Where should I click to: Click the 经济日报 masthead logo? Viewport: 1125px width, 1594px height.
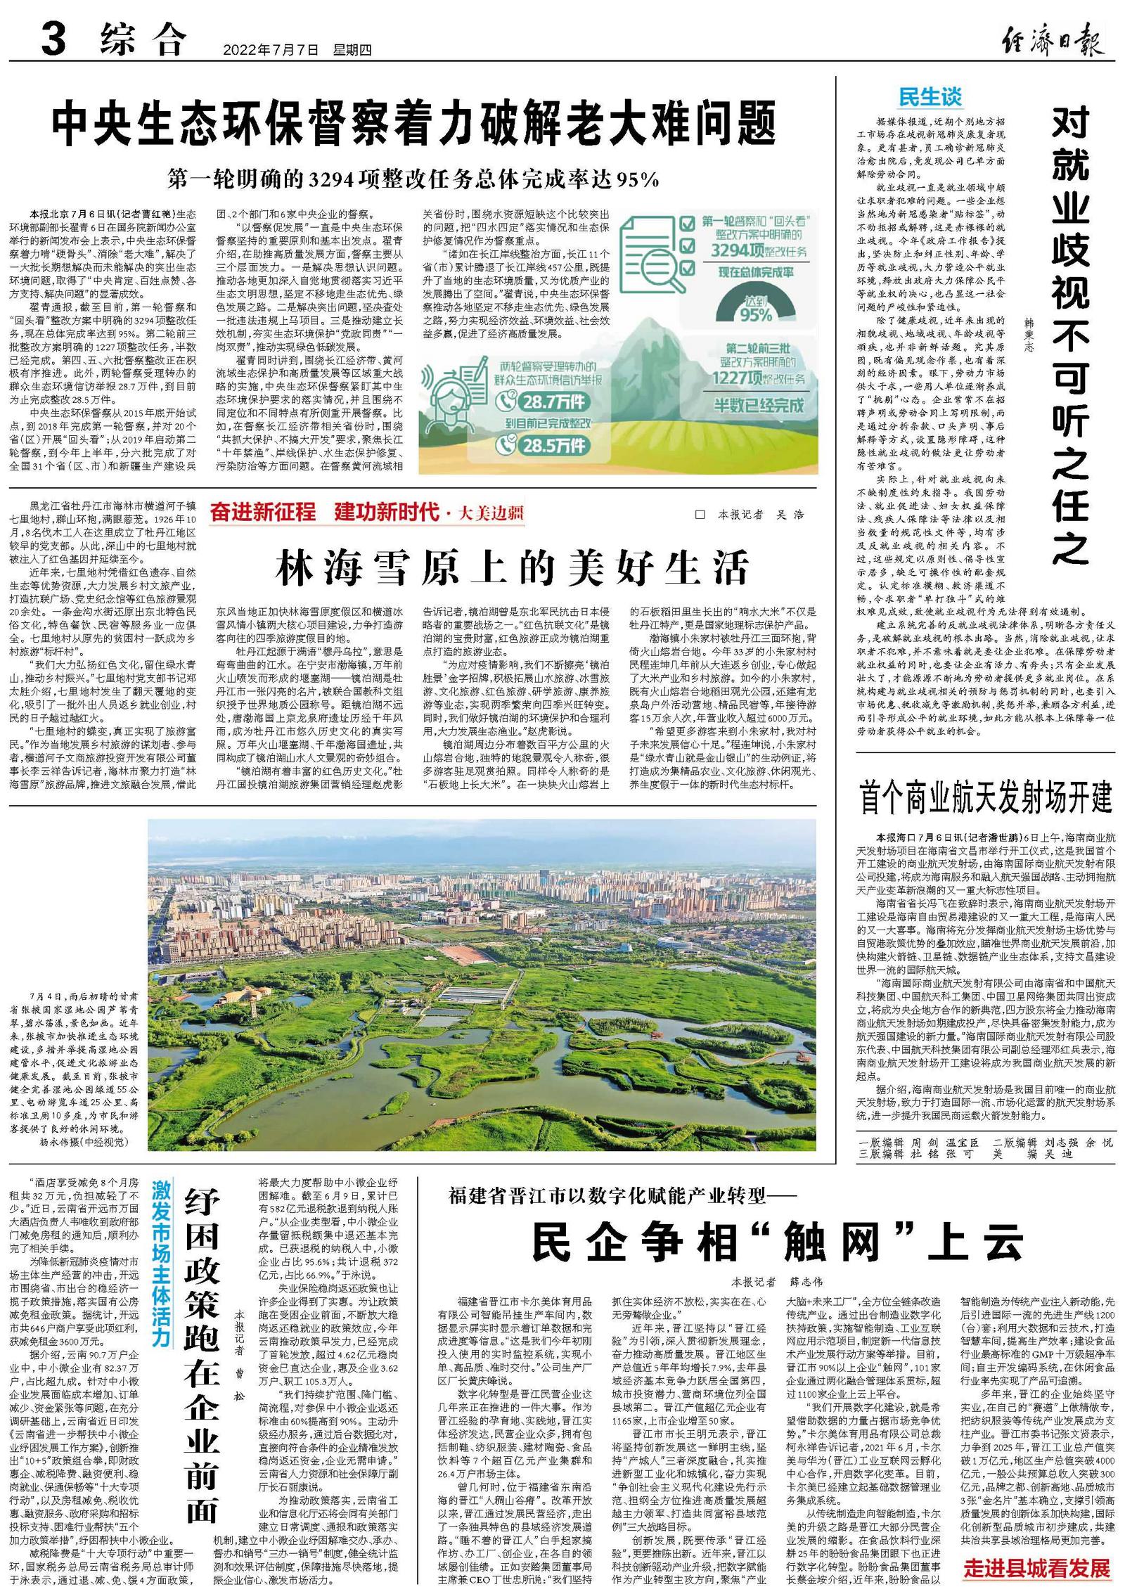tap(1050, 39)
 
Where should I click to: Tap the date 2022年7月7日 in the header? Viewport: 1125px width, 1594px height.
tap(271, 50)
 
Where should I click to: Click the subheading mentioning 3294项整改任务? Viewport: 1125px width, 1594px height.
tap(413, 180)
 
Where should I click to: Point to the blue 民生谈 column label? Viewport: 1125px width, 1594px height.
tap(930, 97)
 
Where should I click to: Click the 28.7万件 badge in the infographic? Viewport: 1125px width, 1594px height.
tap(543, 401)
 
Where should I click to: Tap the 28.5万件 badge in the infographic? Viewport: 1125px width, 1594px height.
tap(543, 445)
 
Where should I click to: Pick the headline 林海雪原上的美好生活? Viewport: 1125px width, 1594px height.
tap(512, 567)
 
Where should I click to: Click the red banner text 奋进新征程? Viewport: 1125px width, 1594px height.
tap(262, 512)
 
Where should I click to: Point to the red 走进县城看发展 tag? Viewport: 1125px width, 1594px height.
tap(1036, 1568)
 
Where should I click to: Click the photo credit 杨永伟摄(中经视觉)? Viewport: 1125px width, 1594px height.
tap(80, 1141)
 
